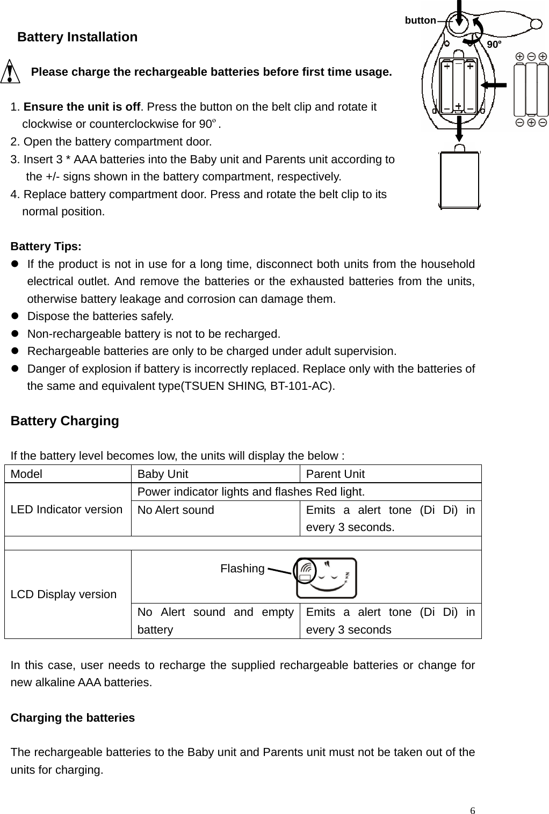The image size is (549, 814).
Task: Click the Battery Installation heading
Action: tap(77, 37)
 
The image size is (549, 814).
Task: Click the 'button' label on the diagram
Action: tap(420, 20)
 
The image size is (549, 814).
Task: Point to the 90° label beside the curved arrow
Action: tap(494, 44)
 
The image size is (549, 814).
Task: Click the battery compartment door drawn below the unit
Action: tap(459, 180)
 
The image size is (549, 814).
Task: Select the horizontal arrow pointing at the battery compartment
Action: tap(494, 85)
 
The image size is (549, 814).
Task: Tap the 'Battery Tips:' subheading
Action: tap(46, 246)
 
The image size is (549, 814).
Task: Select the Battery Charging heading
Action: tap(64, 420)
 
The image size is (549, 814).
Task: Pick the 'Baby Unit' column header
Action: tap(163, 474)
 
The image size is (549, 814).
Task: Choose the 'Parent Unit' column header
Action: tap(335, 474)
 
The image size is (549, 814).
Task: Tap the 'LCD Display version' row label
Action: tap(63, 594)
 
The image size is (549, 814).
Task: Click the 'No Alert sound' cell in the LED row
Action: tap(176, 510)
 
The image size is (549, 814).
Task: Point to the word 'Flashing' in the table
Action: tap(242, 568)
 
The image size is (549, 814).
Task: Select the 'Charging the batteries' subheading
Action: tap(73, 717)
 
